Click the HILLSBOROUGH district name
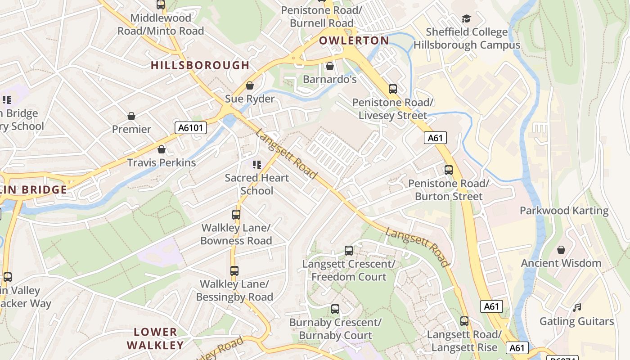[x=200, y=65]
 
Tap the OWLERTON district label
[x=354, y=40]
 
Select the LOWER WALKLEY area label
[x=155, y=339]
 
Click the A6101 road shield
[x=190, y=128]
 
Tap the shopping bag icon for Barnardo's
[x=330, y=66]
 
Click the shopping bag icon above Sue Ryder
[x=250, y=85]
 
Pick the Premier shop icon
[x=131, y=116]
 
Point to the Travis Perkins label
[x=162, y=162]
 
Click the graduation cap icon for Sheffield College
[x=467, y=19]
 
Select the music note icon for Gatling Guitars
[x=577, y=308]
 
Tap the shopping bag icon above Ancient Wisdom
[x=561, y=249]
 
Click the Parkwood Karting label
[x=564, y=211]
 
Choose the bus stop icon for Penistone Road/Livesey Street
[x=393, y=89]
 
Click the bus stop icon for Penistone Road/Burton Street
[x=449, y=170]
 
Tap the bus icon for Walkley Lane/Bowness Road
[x=236, y=214]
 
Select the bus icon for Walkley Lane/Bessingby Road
[x=234, y=270]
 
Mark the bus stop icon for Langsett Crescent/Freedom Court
[x=349, y=250]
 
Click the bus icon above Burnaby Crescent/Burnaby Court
[x=335, y=309]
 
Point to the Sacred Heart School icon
[x=257, y=164]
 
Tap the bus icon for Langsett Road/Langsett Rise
[x=464, y=321]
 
